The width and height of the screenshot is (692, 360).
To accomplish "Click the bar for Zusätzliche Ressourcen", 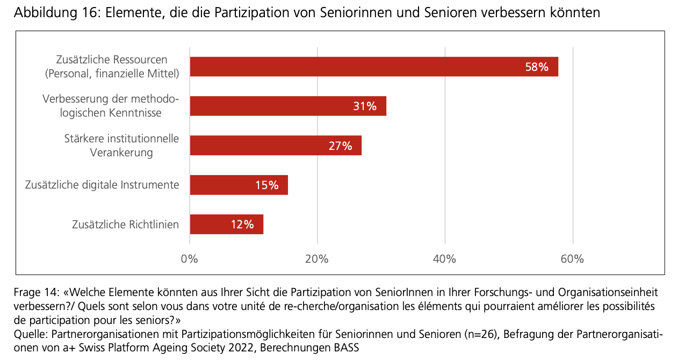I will coord(355,67).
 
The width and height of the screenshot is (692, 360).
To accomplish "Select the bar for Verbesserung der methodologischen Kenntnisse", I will coord(269,106).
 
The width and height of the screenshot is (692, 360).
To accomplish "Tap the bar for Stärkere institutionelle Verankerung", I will coord(258,146).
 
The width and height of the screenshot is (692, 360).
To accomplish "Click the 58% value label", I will coord(537,67).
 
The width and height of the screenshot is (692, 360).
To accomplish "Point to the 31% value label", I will coord(365,106).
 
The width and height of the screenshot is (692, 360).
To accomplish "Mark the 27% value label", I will coord(340,146).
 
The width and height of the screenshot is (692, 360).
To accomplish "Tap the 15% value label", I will coord(267,185).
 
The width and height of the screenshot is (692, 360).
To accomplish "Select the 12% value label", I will coord(242,225).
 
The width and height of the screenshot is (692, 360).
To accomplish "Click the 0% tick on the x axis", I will coord(190,259).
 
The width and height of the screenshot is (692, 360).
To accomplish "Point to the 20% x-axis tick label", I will coord(317,259).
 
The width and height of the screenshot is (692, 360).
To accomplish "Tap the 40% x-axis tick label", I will coord(444,259).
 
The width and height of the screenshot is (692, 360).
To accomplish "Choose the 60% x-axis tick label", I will coord(572,259).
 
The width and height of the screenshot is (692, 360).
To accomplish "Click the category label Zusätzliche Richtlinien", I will coord(125,225).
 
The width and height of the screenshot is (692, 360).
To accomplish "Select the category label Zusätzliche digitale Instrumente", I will coord(102,185).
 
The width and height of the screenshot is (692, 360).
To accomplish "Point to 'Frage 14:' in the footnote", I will coord(36,293).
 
